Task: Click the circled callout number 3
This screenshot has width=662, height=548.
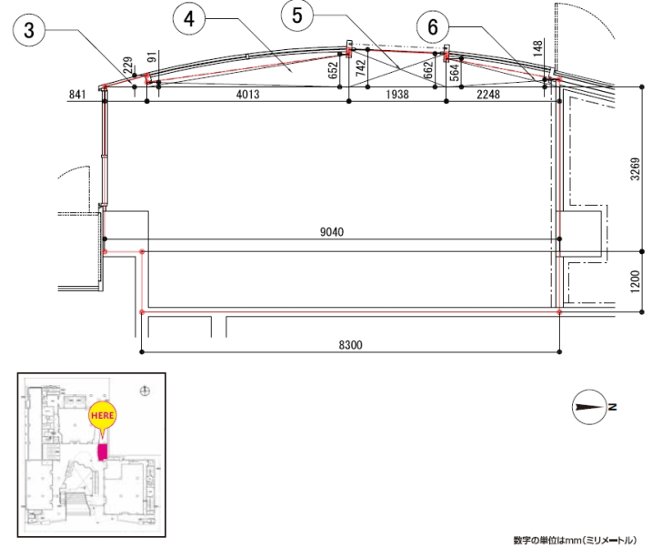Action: pos(29,30)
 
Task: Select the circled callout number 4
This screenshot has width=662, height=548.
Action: pos(189,19)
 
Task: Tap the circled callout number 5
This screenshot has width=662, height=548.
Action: pos(297,15)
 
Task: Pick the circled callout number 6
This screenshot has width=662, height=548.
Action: pos(433,27)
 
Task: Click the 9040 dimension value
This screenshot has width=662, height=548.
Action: pos(332,232)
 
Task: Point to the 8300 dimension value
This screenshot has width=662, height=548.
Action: pos(350,345)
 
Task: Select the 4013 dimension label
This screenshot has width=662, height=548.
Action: pos(247,94)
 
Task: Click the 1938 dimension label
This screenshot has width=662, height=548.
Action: pos(397,94)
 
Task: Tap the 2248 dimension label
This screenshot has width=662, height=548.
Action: pos(488,94)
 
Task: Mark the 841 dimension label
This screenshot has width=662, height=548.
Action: pos(77,95)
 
